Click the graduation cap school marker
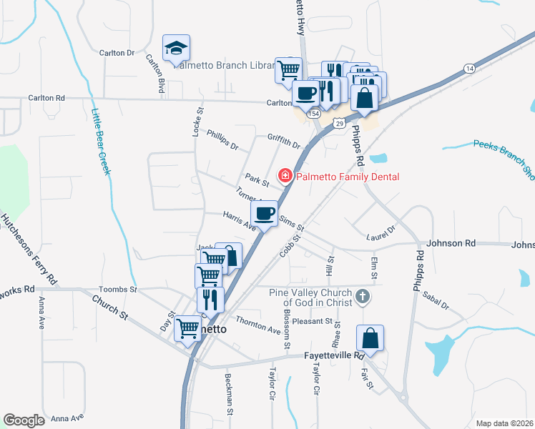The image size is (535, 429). click(176, 49)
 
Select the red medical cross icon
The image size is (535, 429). click(285, 176)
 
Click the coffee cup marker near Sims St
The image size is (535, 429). click(265, 213)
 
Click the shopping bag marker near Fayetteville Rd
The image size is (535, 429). click(370, 337)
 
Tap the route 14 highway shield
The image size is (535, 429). click(469, 68)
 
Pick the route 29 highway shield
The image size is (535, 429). click(339, 124)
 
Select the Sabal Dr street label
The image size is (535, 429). click(435, 300)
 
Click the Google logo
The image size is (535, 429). click(24, 420)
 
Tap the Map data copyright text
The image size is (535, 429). click(505, 423)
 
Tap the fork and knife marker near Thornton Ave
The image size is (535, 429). click(210, 299)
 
